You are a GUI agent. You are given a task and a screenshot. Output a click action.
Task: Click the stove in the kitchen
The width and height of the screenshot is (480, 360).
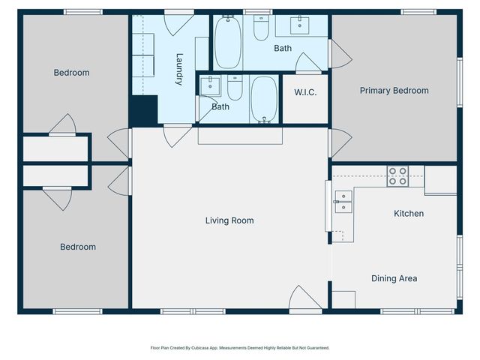[x=397, y=176]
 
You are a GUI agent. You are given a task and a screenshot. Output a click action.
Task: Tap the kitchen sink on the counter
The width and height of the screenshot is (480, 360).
[x=342, y=198]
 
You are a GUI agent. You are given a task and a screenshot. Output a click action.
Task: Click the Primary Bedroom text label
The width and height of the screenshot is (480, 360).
[x=394, y=91]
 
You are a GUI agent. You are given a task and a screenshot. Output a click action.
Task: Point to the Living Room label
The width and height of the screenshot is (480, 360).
[x=229, y=220]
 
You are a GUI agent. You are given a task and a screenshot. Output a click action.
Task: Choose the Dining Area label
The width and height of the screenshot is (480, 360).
[x=394, y=278]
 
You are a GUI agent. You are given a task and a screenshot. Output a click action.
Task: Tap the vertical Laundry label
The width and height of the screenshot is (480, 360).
[x=179, y=68]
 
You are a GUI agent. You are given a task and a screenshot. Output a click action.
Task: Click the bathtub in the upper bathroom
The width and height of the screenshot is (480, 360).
[x=228, y=42]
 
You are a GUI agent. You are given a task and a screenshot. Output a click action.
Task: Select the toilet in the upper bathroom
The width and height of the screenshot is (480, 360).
[x=261, y=29]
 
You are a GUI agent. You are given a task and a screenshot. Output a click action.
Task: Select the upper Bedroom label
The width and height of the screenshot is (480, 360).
[x=71, y=73]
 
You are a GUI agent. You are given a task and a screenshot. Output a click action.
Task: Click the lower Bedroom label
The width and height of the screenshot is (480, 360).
[x=78, y=247]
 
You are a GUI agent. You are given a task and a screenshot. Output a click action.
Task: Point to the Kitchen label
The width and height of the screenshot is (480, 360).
[x=409, y=214]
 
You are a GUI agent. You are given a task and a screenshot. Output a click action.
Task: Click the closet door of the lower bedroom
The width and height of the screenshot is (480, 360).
[x=57, y=197]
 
